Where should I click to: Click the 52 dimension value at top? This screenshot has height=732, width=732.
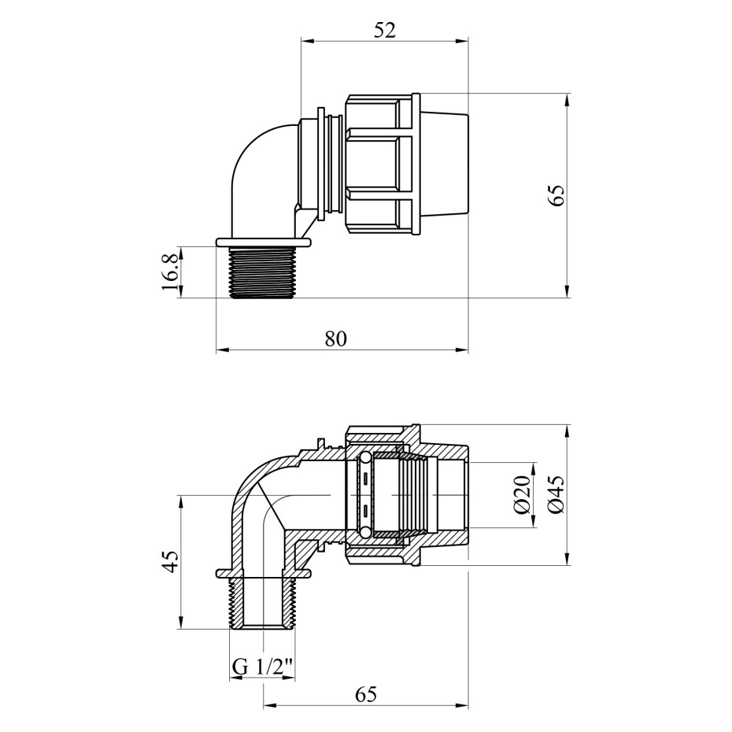(384, 31)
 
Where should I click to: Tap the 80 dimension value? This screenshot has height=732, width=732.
(336, 339)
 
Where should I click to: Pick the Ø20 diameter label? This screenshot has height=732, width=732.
(523, 494)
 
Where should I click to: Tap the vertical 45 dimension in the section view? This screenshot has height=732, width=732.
(171, 562)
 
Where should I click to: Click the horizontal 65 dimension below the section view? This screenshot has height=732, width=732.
(365, 695)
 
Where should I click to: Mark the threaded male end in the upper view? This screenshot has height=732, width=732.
(264, 272)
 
